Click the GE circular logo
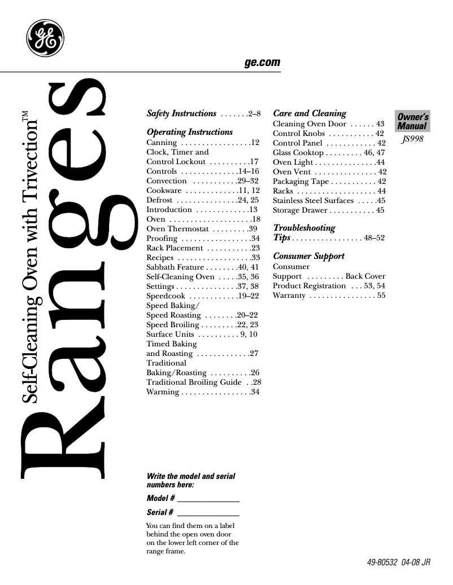45,38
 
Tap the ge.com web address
262,63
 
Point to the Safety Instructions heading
181,113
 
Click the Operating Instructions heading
189,132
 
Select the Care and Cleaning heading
309,113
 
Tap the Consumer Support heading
308,256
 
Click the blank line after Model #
208,500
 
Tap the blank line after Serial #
208,513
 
